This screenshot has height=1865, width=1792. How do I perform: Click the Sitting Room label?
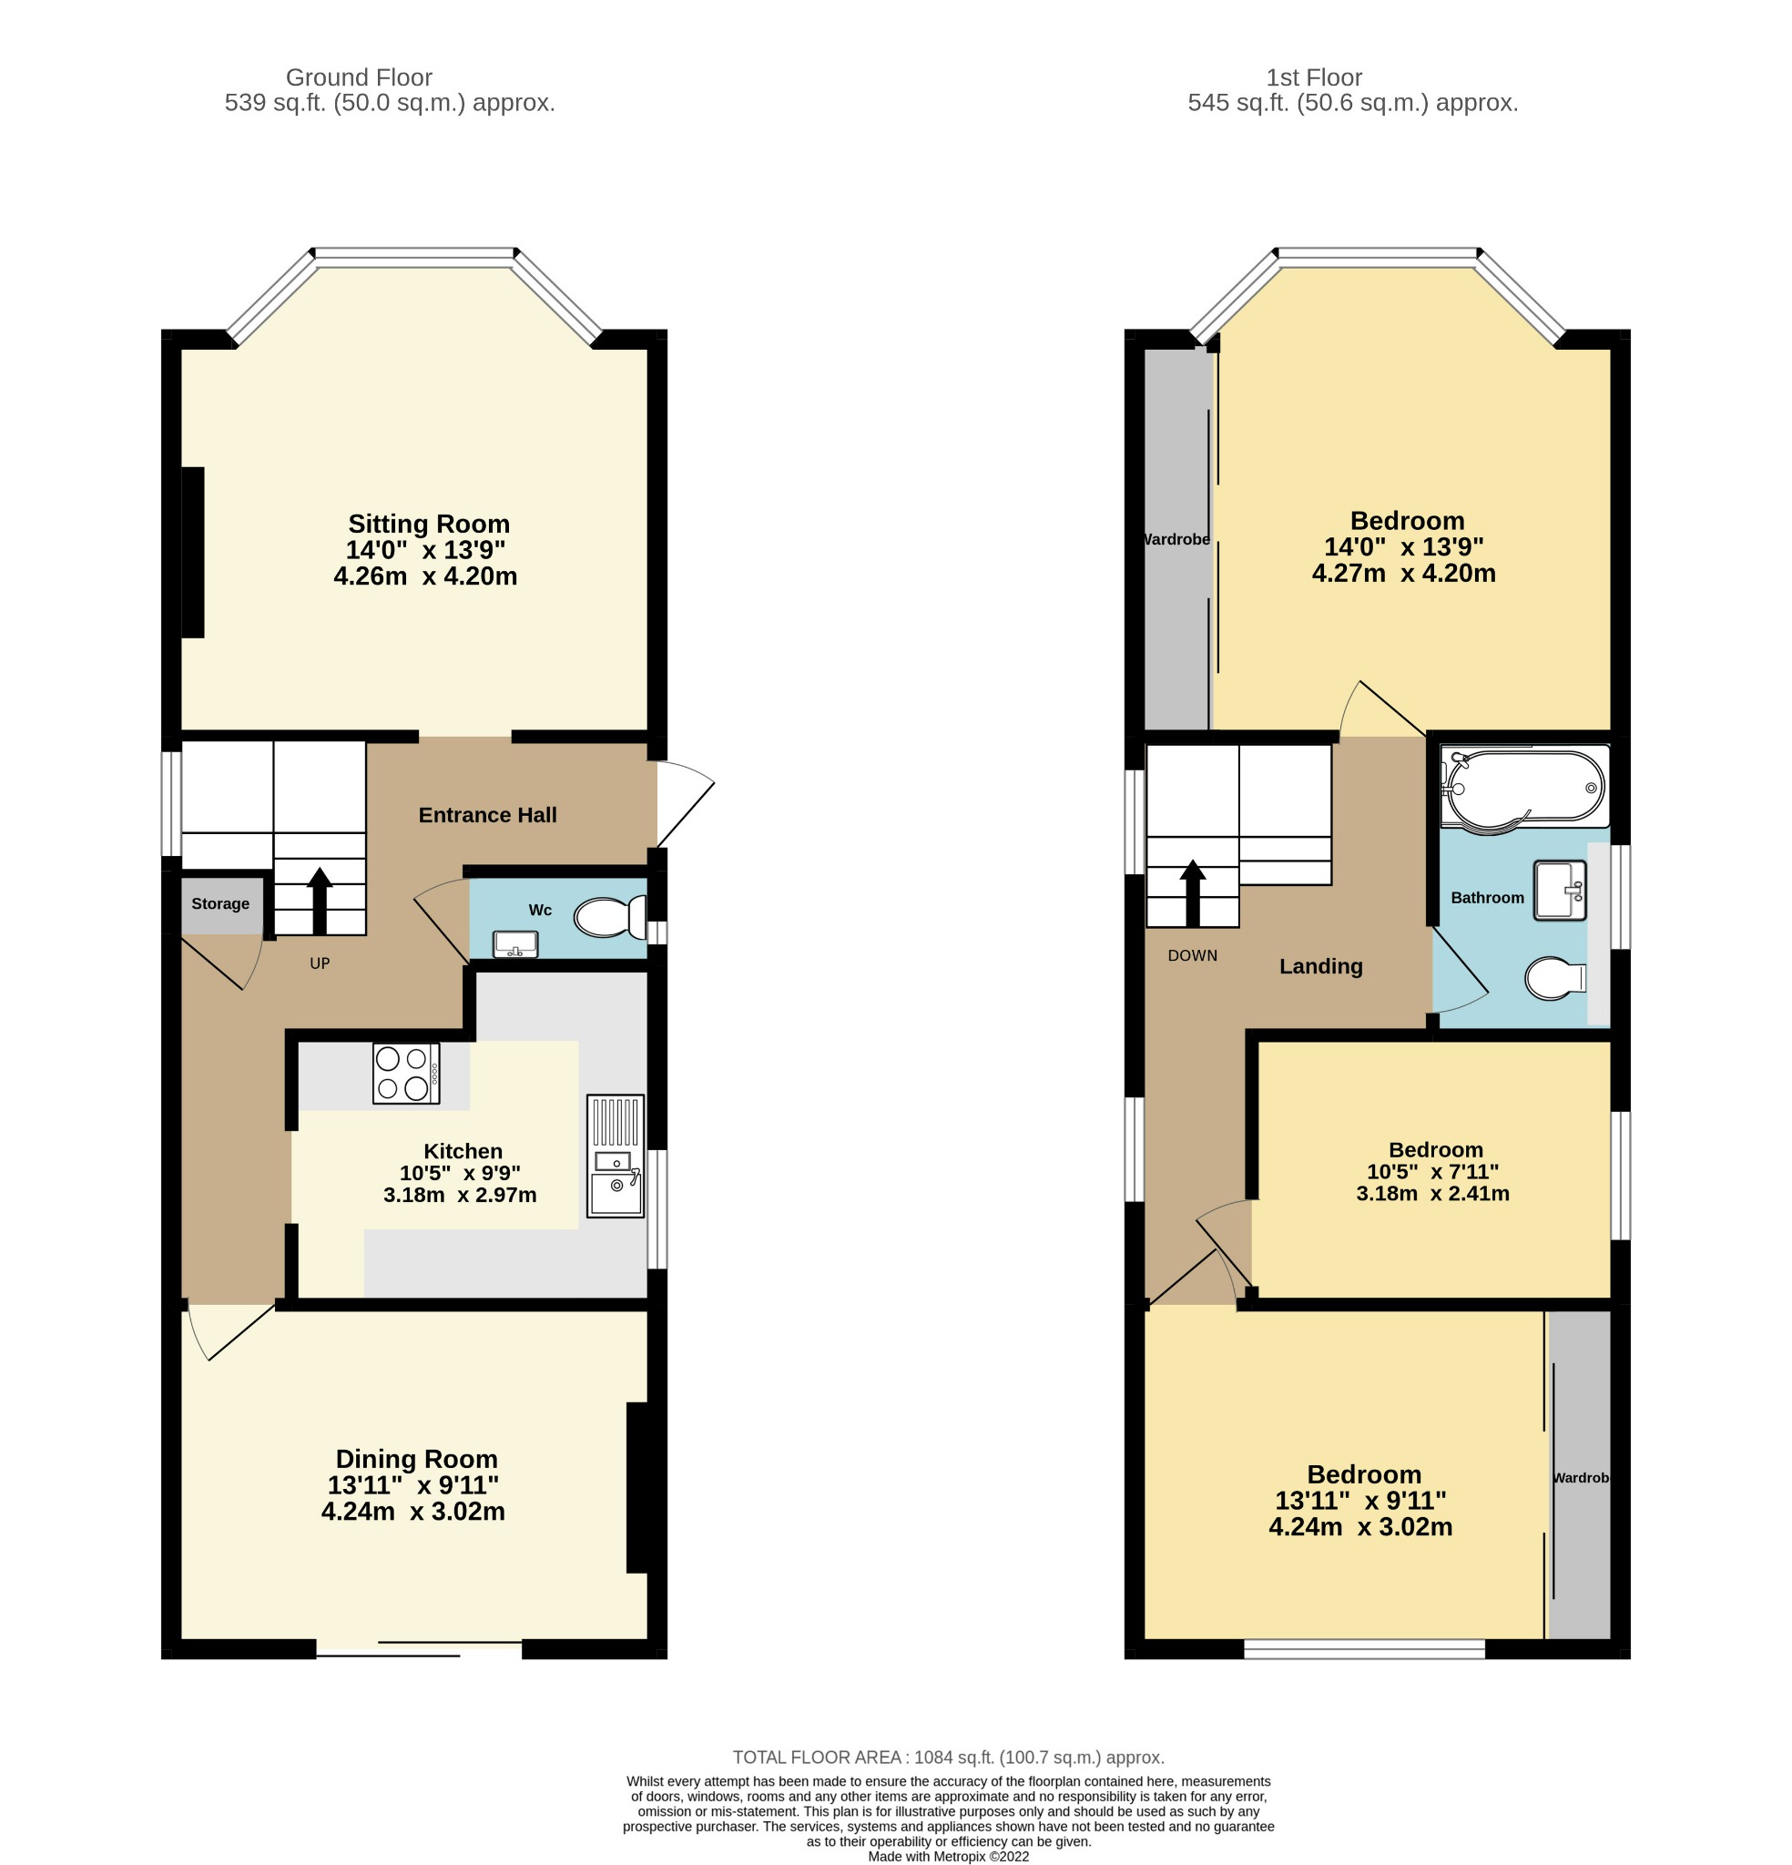coord(428,525)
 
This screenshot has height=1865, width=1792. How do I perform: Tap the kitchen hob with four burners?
coord(406,1075)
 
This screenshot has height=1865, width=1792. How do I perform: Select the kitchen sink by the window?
coord(616,1156)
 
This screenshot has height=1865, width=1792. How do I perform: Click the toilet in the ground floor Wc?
coord(610,918)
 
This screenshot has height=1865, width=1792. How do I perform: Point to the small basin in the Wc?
coord(514,944)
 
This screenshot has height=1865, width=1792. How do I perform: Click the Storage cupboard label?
coord(219,904)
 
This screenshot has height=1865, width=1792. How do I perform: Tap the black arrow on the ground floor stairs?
coord(320,900)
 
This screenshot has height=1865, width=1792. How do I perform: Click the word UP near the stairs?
coord(320,963)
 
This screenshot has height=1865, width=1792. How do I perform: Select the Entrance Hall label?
coord(487,815)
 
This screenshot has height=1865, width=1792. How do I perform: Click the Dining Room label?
coord(417,1459)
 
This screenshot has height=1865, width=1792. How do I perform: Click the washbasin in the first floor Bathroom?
coord(1560,891)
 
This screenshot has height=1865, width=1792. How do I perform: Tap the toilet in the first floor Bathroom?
coord(1555,978)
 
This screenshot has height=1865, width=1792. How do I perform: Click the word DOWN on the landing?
coord(1193,956)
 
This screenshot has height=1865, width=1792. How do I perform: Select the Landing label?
coord(1321,967)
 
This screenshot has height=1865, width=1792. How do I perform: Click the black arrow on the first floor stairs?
coord(1193,892)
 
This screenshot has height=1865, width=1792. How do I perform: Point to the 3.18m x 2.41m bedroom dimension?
coord(1432,1193)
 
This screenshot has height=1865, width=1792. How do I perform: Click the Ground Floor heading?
coord(359,78)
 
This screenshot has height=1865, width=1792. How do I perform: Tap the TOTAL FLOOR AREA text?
coord(948,1758)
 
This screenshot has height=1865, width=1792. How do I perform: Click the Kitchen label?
coord(463,1151)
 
